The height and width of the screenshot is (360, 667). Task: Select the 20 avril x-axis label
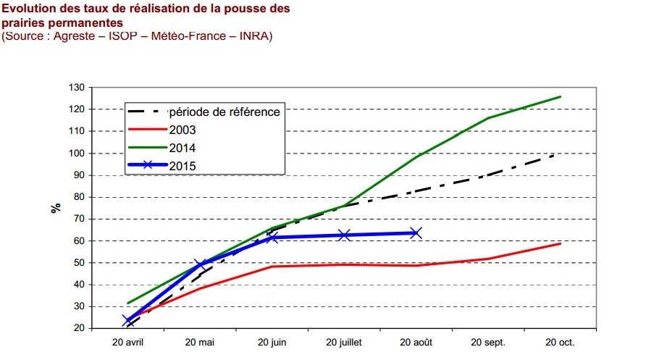128,342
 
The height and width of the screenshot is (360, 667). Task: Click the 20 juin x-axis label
272,342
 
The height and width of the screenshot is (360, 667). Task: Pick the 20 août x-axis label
416,342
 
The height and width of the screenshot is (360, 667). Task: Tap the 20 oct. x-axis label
560,342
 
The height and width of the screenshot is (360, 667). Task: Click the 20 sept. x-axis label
487,342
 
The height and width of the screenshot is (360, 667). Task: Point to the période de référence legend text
224,112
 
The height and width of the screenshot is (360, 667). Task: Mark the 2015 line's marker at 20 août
416,233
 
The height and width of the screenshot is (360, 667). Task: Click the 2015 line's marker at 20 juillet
344,235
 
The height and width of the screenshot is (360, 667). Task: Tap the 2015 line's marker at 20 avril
128,320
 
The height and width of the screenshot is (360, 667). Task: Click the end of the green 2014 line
560,96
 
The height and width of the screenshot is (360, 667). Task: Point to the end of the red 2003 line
560,243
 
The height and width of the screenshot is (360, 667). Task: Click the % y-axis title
56,208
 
